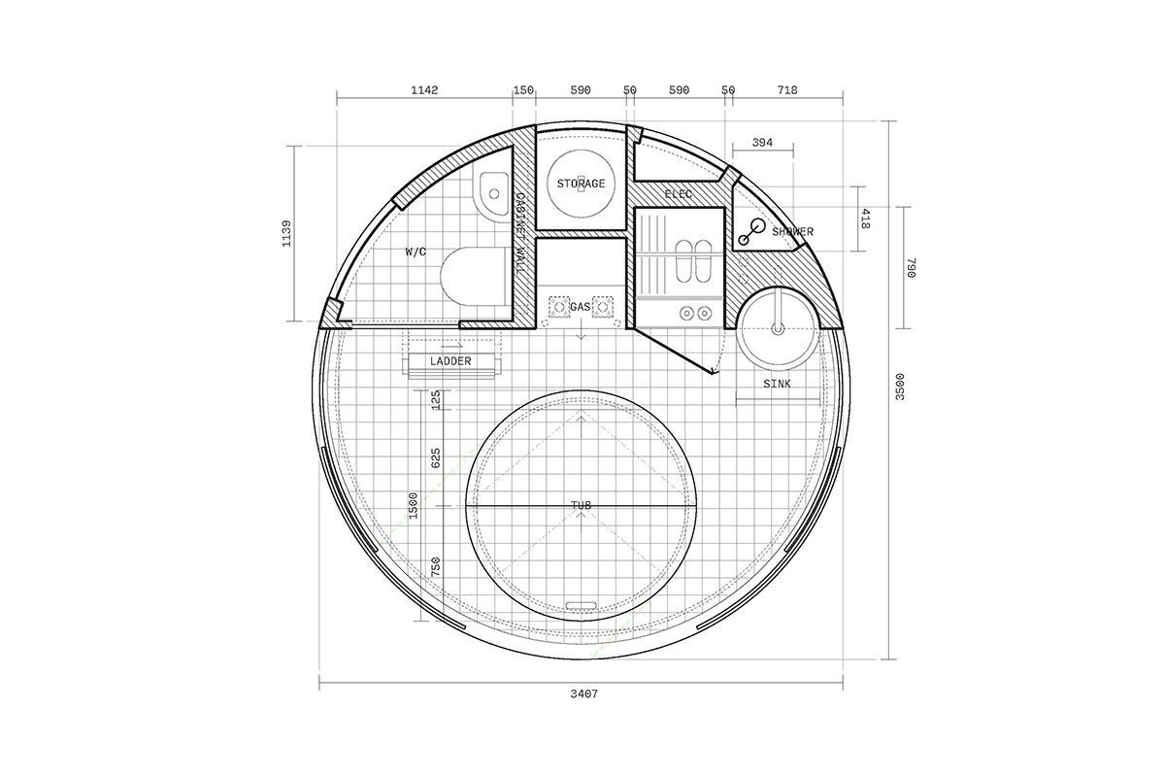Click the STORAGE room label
(581, 184)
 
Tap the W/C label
(416, 253)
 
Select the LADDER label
(450, 361)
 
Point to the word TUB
(581, 505)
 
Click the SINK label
(777, 384)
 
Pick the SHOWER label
(792, 231)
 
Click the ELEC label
(679, 194)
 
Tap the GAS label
(581, 307)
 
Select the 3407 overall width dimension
(584, 693)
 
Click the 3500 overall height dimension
(900, 387)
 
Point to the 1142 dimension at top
(424, 90)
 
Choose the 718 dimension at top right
(787, 90)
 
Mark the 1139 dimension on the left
(286, 234)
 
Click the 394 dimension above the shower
(762, 142)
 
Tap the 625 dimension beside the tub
(436, 458)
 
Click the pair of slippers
(693, 261)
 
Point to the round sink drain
(778, 329)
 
